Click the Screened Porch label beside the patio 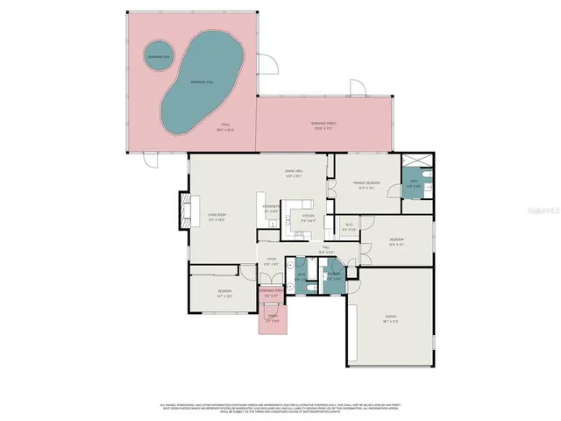pyautogui.click(x=323, y=124)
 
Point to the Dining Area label pyautogui.click(x=293, y=172)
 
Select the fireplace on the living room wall pyautogui.click(x=185, y=211)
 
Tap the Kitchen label pyautogui.click(x=308, y=218)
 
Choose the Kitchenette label pyautogui.click(x=272, y=209)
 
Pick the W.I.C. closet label pyautogui.click(x=348, y=227)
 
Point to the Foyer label pyautogui.click(x=272, y=260)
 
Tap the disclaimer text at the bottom pyautogui.click(x=280, y=407)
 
